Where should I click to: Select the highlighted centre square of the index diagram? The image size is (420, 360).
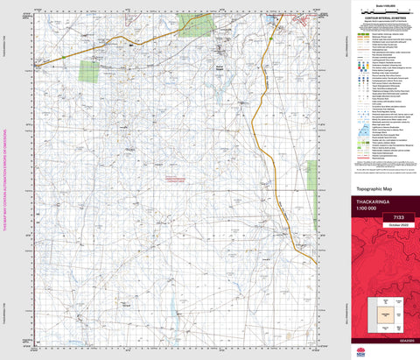click(383, 312)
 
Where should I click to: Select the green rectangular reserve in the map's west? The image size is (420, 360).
click(90, 70)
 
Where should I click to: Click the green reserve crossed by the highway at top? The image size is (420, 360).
click(197, 24)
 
